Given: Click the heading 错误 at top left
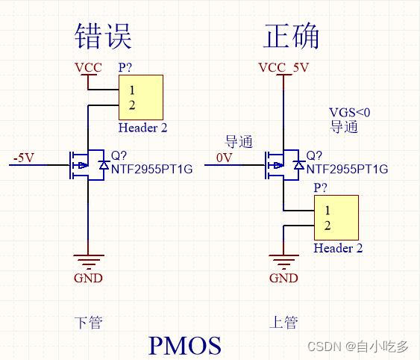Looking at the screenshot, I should [x=104, y=35].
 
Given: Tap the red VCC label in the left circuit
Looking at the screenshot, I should [x=88, y=68].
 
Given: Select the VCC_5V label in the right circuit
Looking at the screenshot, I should [x=283, y=68].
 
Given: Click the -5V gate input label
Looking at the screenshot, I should [x=23, y=158].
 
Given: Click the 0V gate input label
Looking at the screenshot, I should [x=224, y=158].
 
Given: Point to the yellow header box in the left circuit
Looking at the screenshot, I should [x=140, y=97].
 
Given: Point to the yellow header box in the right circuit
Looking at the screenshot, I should [x=336, y=217].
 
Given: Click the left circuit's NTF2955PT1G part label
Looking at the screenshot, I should [x=151, y=170].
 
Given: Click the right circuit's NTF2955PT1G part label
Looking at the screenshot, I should [x=347, y=170].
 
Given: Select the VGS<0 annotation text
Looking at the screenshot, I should [x=349, y=112].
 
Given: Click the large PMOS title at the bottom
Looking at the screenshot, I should [x=185, y=345].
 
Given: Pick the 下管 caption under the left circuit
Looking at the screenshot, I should [x=88, y=323].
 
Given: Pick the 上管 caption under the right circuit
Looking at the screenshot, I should [x=283, y=323].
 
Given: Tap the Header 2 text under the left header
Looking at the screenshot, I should [x=142, y=128].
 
